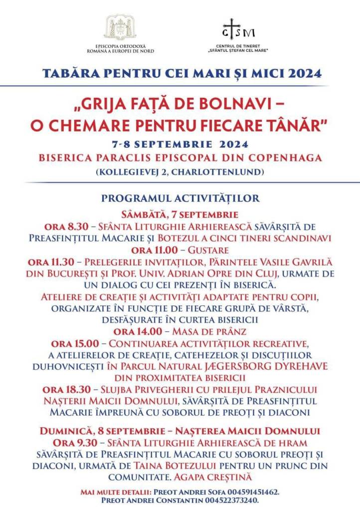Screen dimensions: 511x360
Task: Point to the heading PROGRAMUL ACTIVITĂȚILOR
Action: (x=180, y=198)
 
